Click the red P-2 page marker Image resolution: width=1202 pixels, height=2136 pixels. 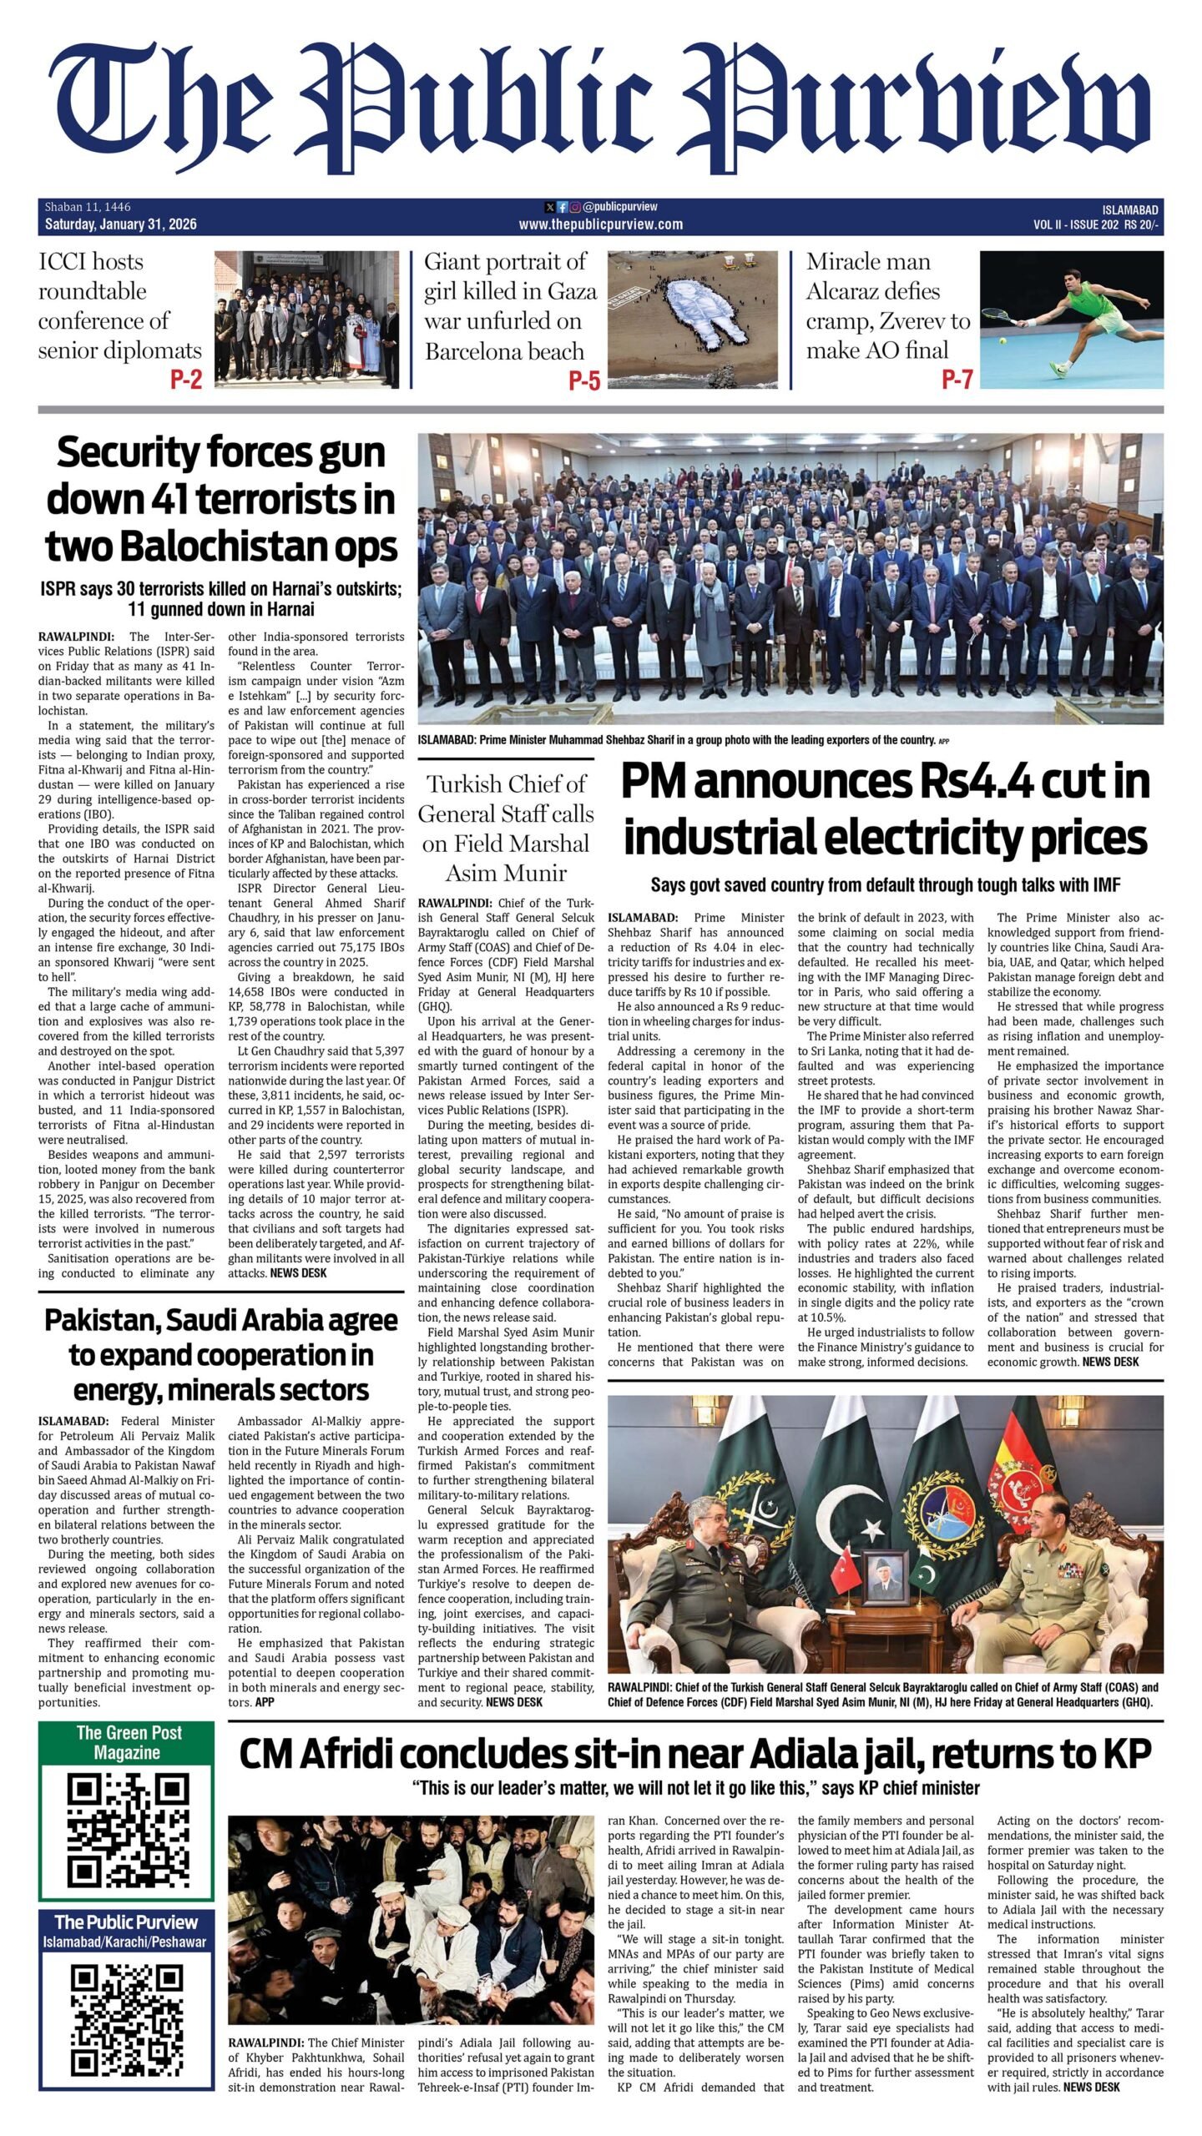pyautogui.click(x=186, y=380)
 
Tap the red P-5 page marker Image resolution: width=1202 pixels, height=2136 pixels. pyautogui.click(x=584, y=380)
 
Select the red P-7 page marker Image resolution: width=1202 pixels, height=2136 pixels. pyautogui.click(x=957, y=380)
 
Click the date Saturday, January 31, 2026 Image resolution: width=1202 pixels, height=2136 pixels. pyautogui.click(x=120, y=224)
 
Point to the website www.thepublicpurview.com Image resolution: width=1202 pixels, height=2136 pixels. pyautogui.click(x=600, y=224)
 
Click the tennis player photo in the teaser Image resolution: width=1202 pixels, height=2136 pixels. pyautogui.click(x=1071, y=320)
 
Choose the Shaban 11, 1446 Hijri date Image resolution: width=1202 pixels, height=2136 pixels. pyautogui.click(x=88, y=207)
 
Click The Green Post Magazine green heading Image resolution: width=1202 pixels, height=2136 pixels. pyautogui.click(x=127, y=1742)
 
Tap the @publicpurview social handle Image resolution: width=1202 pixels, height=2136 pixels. pyautogui.click(x=619, y=206)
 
